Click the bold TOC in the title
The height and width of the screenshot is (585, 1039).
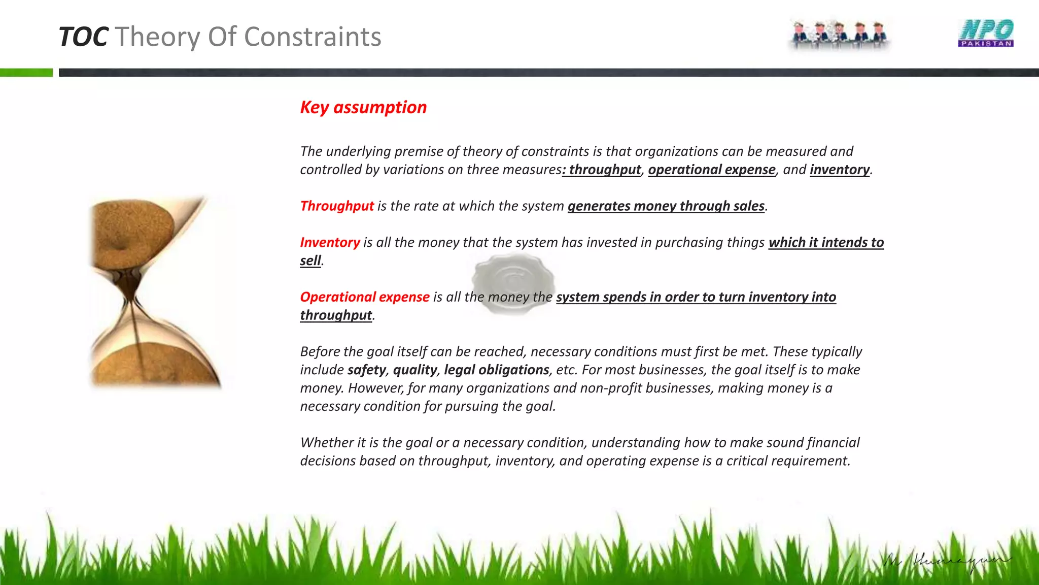click(x=83, y=37)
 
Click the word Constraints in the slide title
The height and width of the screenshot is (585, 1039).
click(x=313, y=37)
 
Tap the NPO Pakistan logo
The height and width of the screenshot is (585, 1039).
click(x=985, y=33)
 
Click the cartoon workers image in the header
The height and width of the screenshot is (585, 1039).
click(x=839, y=35)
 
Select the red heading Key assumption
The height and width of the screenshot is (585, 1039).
click(x=363, y=108)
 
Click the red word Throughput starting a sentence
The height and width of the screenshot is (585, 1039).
click(x=337, y=206)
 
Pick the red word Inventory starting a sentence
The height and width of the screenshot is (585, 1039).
click(x=330, y=243)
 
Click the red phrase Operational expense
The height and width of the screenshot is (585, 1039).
click(x=365, y=297)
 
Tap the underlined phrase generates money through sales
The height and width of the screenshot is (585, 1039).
click(x=666, y=206)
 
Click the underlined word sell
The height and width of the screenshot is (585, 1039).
click(x=310, y=261)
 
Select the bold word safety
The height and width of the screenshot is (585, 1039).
click(x=366, y=370)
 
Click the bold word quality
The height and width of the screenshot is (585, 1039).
click(x=414, y=370)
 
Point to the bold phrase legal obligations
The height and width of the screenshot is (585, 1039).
click(x=496, y=370)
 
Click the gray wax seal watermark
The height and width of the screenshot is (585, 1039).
click(x=513, y=282)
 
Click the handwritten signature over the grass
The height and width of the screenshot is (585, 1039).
click(x=947, y=562)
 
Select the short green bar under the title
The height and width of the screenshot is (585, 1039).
click(x=26, y=73)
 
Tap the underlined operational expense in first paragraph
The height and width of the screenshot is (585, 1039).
click(x=711, y=170)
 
